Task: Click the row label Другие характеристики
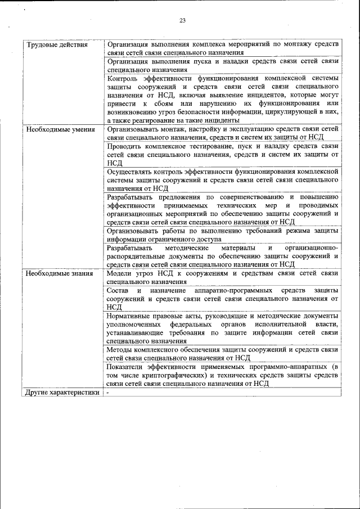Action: click(62, 393)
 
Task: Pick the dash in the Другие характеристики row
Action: click(108, 393)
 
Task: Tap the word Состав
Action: click(118, 290)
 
